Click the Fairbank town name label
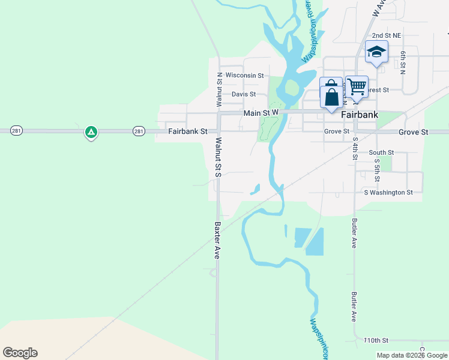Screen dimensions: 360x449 pos(360,115)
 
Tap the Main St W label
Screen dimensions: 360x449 pos(261,113)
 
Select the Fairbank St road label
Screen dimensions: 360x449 pos(187,131)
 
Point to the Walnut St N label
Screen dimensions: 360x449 pos(219,86)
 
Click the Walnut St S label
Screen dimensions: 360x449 pos(218,157)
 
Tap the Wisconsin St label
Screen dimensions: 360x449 pos(244,76)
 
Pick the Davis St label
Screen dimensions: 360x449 pos(244,94)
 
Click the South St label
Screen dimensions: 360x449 pos(381,152)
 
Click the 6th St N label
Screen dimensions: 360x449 pos(403,62)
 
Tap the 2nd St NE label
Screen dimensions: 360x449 pos(386,36)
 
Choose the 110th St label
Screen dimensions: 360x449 pos(376,340)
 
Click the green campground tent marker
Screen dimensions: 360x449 pos(91,132)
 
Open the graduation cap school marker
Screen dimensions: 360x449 pos(376,52)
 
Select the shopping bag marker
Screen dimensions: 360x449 pos(331,95)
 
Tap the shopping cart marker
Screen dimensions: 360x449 pos(357,87)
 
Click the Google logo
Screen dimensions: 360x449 pos(20,353)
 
